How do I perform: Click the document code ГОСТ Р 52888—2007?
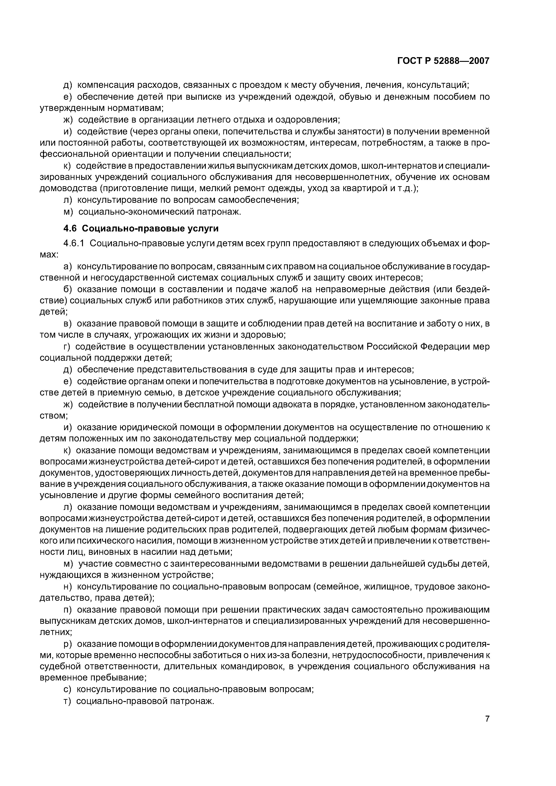tap(443, 61)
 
